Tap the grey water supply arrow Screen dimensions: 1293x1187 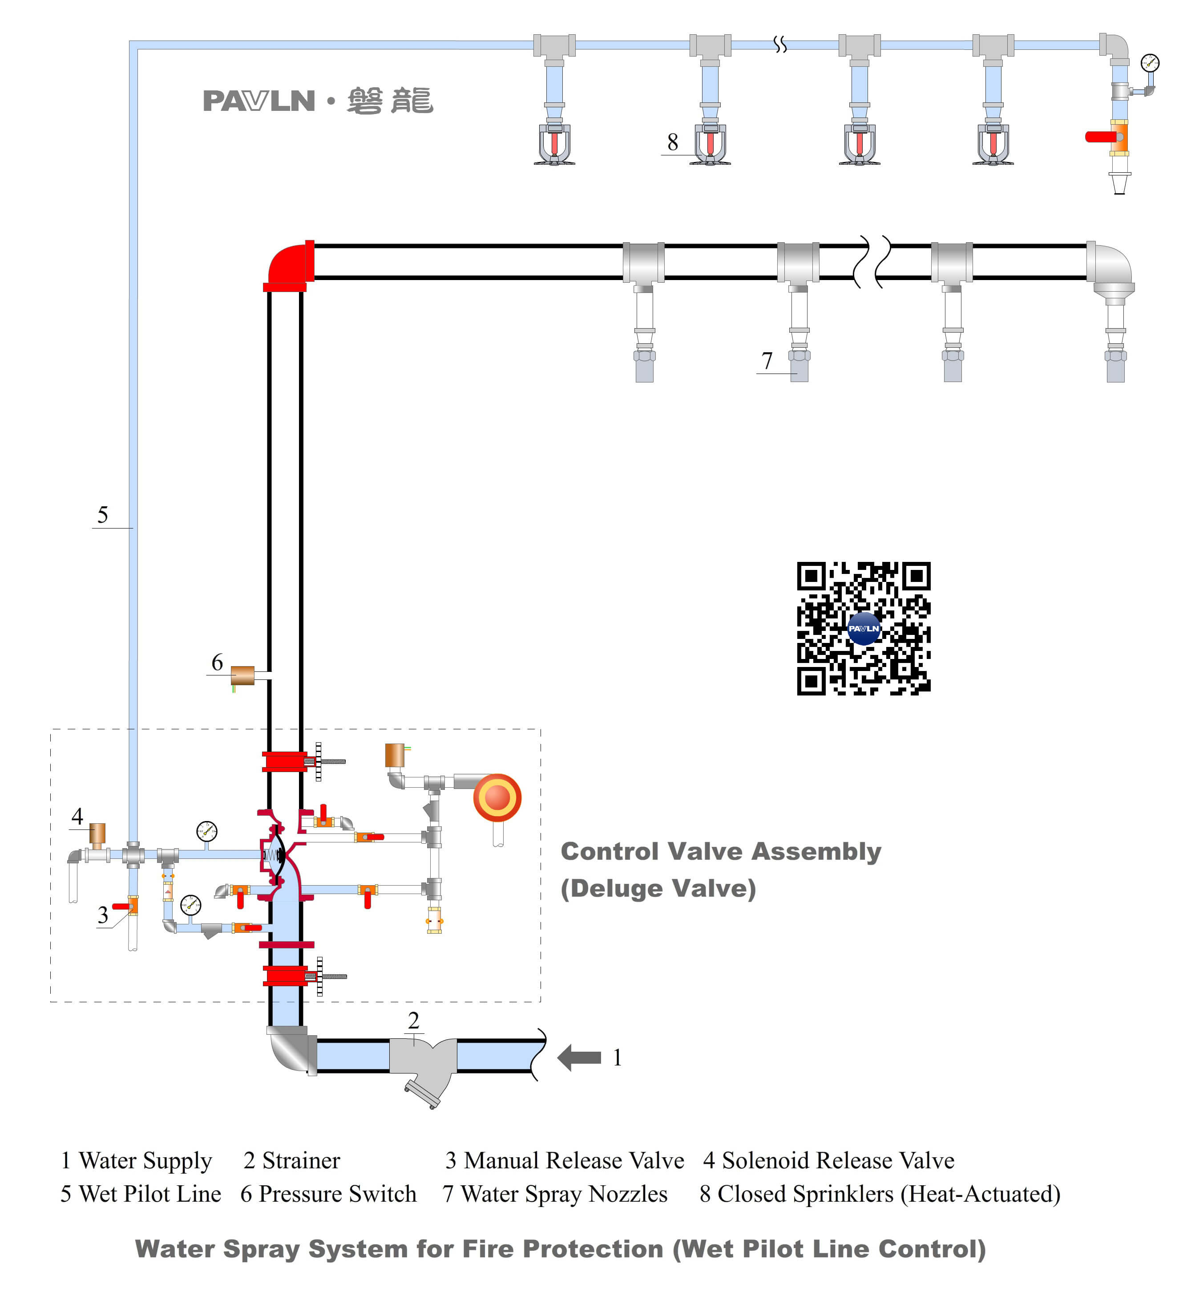point(579,1057)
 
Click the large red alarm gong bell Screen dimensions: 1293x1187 point(497,797)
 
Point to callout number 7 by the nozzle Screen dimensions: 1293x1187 point(766,361)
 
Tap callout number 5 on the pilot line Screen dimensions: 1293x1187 point(103,515)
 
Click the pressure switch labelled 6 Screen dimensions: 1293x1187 point(242,675)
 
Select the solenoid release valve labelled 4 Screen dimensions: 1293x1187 point(97,834)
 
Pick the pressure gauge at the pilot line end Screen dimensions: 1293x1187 point(1150,63)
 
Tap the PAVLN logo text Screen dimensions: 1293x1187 point(259,102)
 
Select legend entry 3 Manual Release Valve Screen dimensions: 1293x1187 point(565,1161)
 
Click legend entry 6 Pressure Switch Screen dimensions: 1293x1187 point(328,1194)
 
